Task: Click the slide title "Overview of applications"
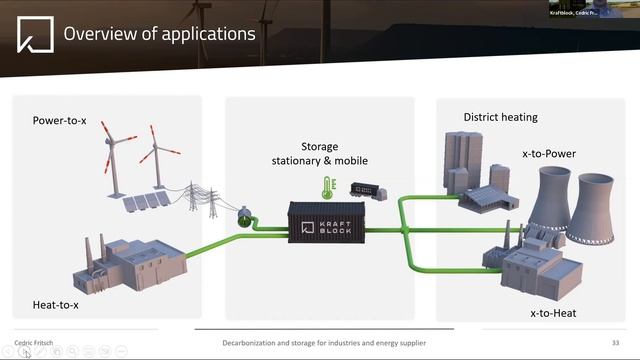point(159,34)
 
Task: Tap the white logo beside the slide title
point(35,34)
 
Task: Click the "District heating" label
point(500,117)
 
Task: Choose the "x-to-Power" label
point(549,153)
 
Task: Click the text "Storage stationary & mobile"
point(320,154)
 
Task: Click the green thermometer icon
point(326,187)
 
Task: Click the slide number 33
point(615,343)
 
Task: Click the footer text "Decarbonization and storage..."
point(324,343)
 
